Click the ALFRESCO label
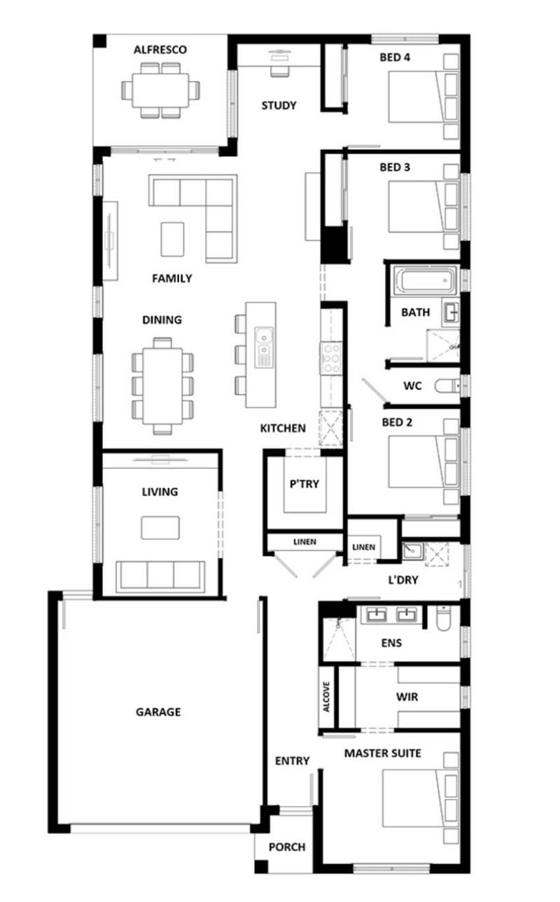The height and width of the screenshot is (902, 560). click(x=160, y=50)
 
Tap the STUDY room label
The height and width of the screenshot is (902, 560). click(x=279, y=106)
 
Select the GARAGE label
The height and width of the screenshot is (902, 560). click(x=157, y=712)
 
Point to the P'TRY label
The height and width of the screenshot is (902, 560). click(x=304, y=483)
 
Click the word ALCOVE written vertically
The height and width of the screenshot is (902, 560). click(x=326, y=698)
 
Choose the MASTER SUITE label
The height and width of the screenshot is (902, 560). click(x=382, y=754)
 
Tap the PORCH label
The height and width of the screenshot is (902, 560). click(x=287, y=847)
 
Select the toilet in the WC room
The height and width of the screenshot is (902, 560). click(x=446, y=386)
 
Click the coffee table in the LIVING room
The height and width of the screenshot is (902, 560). click(x=160, y=527)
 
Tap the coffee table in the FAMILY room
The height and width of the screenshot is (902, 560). click(x=172, y=239)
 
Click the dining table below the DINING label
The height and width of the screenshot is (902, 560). click(x=162, y=385)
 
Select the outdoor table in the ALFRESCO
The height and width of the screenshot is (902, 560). click(x=160, y=90)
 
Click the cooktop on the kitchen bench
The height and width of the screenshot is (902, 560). click(x=330, y=359)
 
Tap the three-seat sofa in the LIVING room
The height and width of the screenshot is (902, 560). click(x=160, y=576)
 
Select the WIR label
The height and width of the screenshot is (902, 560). click(x=407, y=698)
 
